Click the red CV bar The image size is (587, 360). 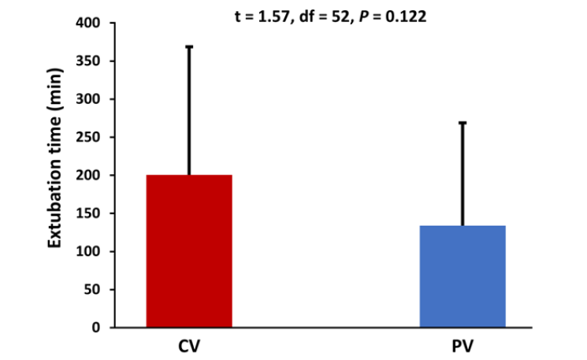pos(189,251)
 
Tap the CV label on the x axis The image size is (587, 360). pos(189,346)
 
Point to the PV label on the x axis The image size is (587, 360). pos(463,346)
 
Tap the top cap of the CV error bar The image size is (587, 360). pos(189,47)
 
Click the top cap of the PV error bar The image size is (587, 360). pos(463,123)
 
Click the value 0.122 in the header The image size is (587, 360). pos(409,15)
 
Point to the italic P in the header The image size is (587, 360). pos(366,15)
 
